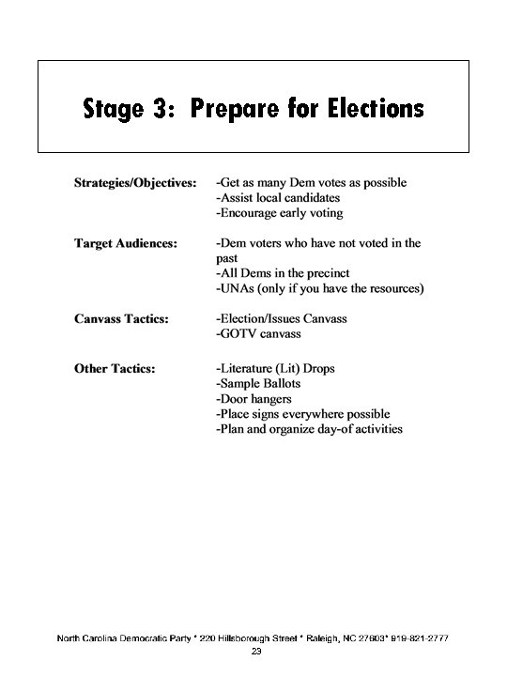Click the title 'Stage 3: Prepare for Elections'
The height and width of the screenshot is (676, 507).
click(253, 109)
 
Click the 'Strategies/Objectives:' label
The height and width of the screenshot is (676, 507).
click(135, 182)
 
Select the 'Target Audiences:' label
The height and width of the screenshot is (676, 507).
click(125, 243)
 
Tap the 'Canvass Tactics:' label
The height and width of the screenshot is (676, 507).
click(122, 319)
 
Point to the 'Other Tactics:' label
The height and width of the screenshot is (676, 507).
click(114, 368)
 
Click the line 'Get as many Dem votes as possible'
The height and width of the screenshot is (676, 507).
click(311, 182)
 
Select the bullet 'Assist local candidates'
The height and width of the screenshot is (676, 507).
click(279, 197)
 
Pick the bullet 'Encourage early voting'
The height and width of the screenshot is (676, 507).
click(280, 213)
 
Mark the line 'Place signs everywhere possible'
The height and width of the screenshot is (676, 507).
click(302, 414)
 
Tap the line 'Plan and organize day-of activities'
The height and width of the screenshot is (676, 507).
click(309, 429)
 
